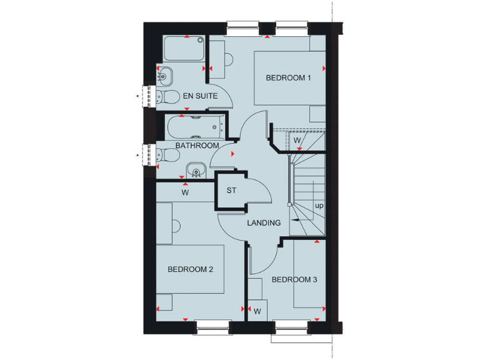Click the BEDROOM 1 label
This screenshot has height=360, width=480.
288,78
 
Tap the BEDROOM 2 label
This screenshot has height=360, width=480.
191,269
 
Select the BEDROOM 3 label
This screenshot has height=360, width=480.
294,279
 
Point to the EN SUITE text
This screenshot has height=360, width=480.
200,96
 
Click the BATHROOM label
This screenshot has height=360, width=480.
197,146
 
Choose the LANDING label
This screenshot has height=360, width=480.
264,222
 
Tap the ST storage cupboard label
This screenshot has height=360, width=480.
232,191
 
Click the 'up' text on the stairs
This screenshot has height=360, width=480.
319,205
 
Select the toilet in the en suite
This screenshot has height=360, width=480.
164,96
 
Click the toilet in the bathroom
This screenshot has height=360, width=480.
164,155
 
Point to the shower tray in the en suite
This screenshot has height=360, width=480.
184,48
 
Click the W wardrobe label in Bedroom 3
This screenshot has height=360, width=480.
257,311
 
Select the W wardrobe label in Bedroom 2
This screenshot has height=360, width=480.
185,192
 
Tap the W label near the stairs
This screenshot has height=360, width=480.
297,141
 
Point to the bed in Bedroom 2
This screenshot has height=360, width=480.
190,269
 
